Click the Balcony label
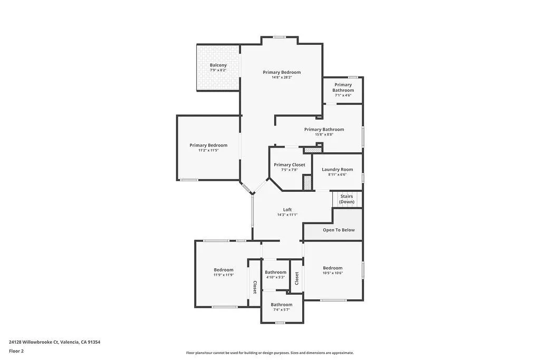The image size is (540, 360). pyautogui.click(x=218, y=65)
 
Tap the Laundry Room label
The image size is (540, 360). pyautogui.click(x=337, y=169)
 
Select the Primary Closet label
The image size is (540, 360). pyautogui.click(x=290, y=165)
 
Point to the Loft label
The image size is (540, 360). pyautogui.click(x=287, y=210)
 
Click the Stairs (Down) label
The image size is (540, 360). pyautogui.click(x=346, y=199)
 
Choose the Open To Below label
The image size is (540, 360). pyautogui.click(x=339, y=230)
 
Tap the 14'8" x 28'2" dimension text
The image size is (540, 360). pyautogui.click(x=282, y=77)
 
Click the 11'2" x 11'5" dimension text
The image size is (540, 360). pyautogui.click(x=208, y=150)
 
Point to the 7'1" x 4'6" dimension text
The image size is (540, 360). pyautogui.click(x=343, y=95)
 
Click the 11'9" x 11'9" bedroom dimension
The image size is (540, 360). pyautogui.click(x=224, y=275)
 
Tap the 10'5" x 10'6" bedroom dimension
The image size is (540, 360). pyautogui.click(x=333, y=273)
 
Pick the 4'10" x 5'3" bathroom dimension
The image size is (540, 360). pyautogui.click(x=275, y=277)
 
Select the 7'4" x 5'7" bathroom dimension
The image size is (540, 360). pyautogui.click(x=282, y=309)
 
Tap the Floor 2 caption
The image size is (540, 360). pyautogui.click(x=16, y=351)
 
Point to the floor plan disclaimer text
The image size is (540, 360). pyautogui.click(x=269, y=353)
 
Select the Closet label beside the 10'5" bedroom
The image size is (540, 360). pyautogui.click(x=297, y=278)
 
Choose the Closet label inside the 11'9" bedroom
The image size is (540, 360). pyautogui.click(x=255, y=287)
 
